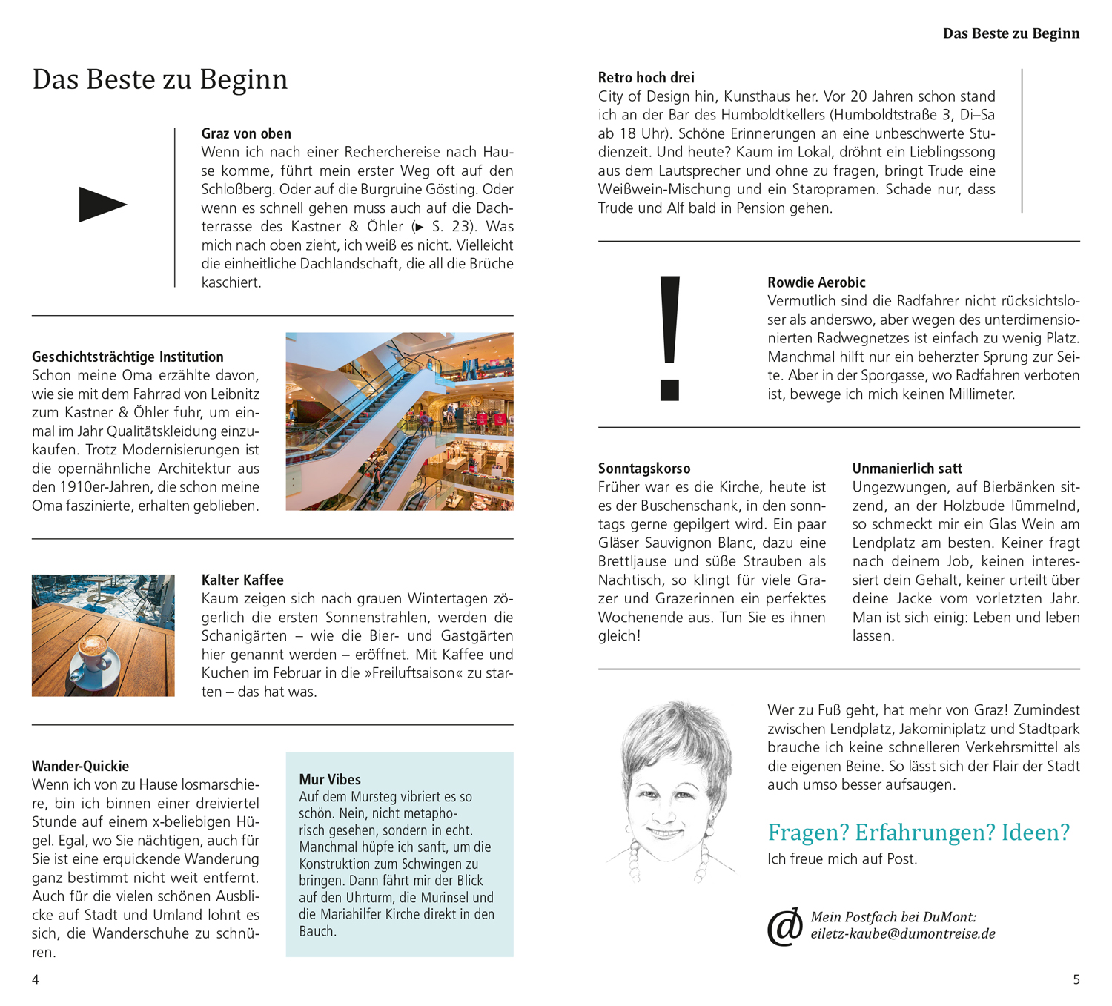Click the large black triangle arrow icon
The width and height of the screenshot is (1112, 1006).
(x=102, y=205)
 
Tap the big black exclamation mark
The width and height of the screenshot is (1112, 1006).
(x=669, y=337)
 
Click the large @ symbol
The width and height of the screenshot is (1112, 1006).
(x=785, y=927)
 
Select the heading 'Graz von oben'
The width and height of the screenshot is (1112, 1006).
(x=246, y=133)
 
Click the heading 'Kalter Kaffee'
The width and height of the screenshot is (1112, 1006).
(x=242, y=580)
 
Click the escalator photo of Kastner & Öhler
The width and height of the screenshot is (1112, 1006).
(x=400, y=421)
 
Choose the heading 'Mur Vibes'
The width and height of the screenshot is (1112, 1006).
(x=330, y=779)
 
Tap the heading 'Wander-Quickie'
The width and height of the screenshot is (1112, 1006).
(x=80, y=766)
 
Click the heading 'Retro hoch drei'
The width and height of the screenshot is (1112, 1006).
(x=646, y=77)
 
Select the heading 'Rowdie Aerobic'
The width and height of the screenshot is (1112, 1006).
(x=816, y=282)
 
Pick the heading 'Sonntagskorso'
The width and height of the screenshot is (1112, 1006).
(x=644, y=469)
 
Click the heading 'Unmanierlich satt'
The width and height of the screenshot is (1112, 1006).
(x=907, y=469)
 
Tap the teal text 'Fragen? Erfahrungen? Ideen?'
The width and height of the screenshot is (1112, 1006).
(x=919, y=833)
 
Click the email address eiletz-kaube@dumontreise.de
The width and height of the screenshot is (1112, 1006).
(x=902, y=934)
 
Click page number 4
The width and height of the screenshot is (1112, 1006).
(x=35, y=979)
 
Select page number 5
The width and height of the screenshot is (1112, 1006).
(x=1076, y=979)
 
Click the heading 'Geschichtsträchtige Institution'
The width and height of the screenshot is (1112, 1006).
(x=128, y=357)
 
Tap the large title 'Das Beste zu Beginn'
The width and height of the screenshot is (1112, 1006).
(x=159, y=79)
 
